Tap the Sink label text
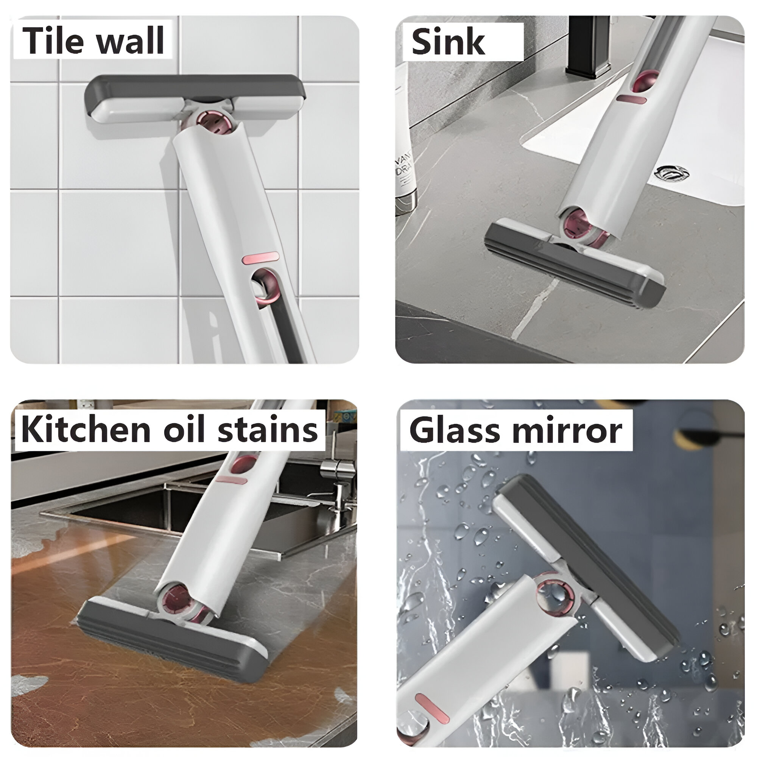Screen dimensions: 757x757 coord(448,42)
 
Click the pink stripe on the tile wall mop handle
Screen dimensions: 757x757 coord(260,257)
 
